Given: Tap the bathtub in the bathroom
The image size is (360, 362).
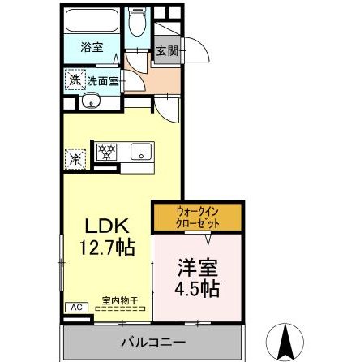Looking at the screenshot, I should tap(91, 21).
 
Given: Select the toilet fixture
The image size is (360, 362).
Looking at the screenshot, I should tap(138, 26).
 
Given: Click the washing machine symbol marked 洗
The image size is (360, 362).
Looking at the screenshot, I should tap(74, 80).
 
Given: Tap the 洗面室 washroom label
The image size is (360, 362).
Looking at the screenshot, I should tap(103, 81).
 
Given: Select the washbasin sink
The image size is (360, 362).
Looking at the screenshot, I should tap(90, 102).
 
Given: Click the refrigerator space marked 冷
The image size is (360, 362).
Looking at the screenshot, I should tap(75, 157).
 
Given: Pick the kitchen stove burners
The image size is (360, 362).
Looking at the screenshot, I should tap(107, 151).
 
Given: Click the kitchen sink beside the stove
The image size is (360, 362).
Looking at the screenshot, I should tap(140, 151).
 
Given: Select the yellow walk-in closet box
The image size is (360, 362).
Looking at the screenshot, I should tap(197, 217).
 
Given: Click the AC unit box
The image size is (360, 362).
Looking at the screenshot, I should tap(75, 307).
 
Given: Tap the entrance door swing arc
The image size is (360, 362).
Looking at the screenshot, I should tap(197, 50).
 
